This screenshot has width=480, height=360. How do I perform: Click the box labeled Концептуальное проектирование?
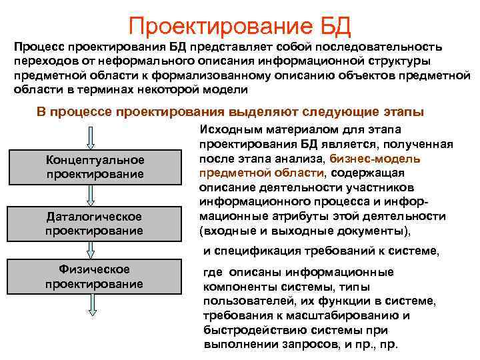coord(94,167)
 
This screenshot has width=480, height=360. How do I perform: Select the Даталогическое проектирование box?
coord(94,225)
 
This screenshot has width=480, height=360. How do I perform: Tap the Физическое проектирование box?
coord(94,277)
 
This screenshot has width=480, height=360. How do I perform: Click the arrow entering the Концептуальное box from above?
coord(93,137)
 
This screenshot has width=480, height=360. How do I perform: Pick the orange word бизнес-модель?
coord(383,159)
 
